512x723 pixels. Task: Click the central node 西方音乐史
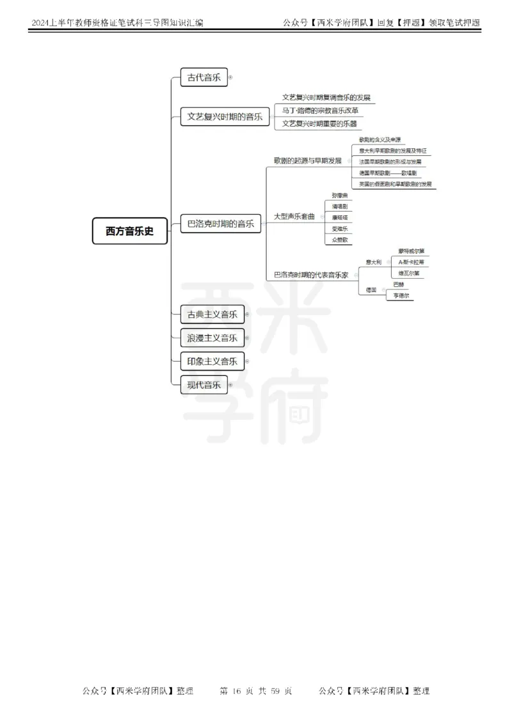click(130, 231)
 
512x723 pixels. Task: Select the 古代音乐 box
click(204, 78)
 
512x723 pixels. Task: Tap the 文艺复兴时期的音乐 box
click(225, 117)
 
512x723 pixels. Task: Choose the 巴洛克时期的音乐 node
click(220, 224)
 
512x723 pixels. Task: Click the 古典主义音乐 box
click(212, 314)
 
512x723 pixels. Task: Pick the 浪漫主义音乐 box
click(212, 338)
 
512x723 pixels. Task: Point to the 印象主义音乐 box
click(212, 361)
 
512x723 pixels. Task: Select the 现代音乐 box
click(204, 385)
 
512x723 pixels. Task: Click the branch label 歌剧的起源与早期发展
click(307, 160)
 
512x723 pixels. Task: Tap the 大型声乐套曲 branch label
click(294, 217)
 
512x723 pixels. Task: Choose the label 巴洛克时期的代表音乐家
click(310, 274)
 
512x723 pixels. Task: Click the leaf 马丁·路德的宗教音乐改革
click(320, 111)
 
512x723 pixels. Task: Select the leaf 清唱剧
click(339, 206)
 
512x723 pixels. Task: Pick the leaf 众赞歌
click(339, 240)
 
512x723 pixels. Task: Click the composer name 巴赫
click(398, 284)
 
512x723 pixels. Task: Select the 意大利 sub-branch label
click(373, 262)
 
